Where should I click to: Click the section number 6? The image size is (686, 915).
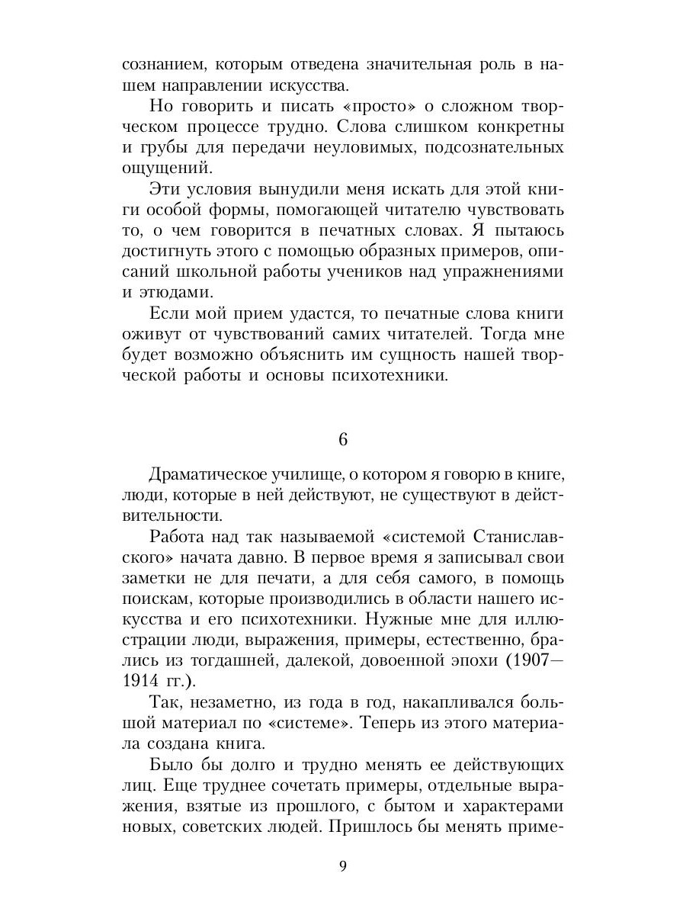[342, 440]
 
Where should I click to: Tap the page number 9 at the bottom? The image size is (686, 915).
[342, 865]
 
